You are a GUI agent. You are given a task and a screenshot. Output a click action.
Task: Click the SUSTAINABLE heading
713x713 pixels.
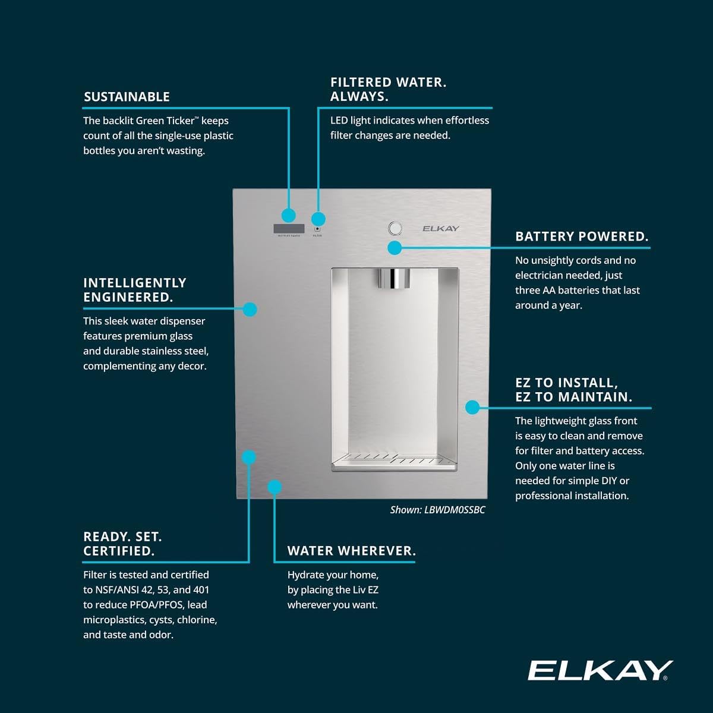point(127,97)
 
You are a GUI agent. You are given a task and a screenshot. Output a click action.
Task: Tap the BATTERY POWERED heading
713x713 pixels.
point(582,236)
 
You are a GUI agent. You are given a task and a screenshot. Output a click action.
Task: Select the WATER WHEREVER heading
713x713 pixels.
point(351,551)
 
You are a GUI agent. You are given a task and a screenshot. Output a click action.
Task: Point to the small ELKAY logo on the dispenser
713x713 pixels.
point(441,229)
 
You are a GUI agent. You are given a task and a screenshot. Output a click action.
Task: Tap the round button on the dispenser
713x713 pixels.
point(395,228)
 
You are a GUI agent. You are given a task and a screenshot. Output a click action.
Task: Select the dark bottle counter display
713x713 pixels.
point(289,229)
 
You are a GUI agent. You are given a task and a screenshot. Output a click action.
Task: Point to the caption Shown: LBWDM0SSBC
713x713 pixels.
point(437,510)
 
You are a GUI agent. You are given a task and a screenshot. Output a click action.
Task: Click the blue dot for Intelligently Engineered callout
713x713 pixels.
point(250,309)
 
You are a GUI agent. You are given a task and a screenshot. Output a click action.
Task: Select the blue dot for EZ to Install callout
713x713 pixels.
point(472,407)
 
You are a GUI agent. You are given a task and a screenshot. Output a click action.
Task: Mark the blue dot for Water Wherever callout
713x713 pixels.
point(274,487)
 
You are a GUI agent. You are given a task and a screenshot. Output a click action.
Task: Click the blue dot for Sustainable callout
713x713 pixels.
point(289,215)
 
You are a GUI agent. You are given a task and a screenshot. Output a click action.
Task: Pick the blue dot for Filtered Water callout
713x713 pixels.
point(318,218)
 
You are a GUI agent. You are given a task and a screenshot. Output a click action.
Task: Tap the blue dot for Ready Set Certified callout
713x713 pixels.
point(249,457)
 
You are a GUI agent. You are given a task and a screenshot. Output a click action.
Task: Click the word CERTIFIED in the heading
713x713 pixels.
point(118,551)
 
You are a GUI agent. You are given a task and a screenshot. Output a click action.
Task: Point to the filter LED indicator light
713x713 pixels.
point(317,229)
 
